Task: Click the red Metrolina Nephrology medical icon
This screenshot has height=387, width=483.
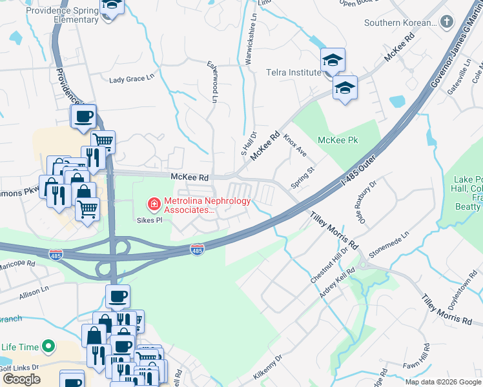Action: [x=154, y=205]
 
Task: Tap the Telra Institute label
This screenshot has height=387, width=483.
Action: [x=293, y=72]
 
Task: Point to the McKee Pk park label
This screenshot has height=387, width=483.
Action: [x=338, y=140]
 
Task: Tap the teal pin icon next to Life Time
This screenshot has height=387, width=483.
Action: [x=48, y=347]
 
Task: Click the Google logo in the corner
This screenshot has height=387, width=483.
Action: [x=21, y=379]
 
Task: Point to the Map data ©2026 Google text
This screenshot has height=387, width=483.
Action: [x=443, y=382]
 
